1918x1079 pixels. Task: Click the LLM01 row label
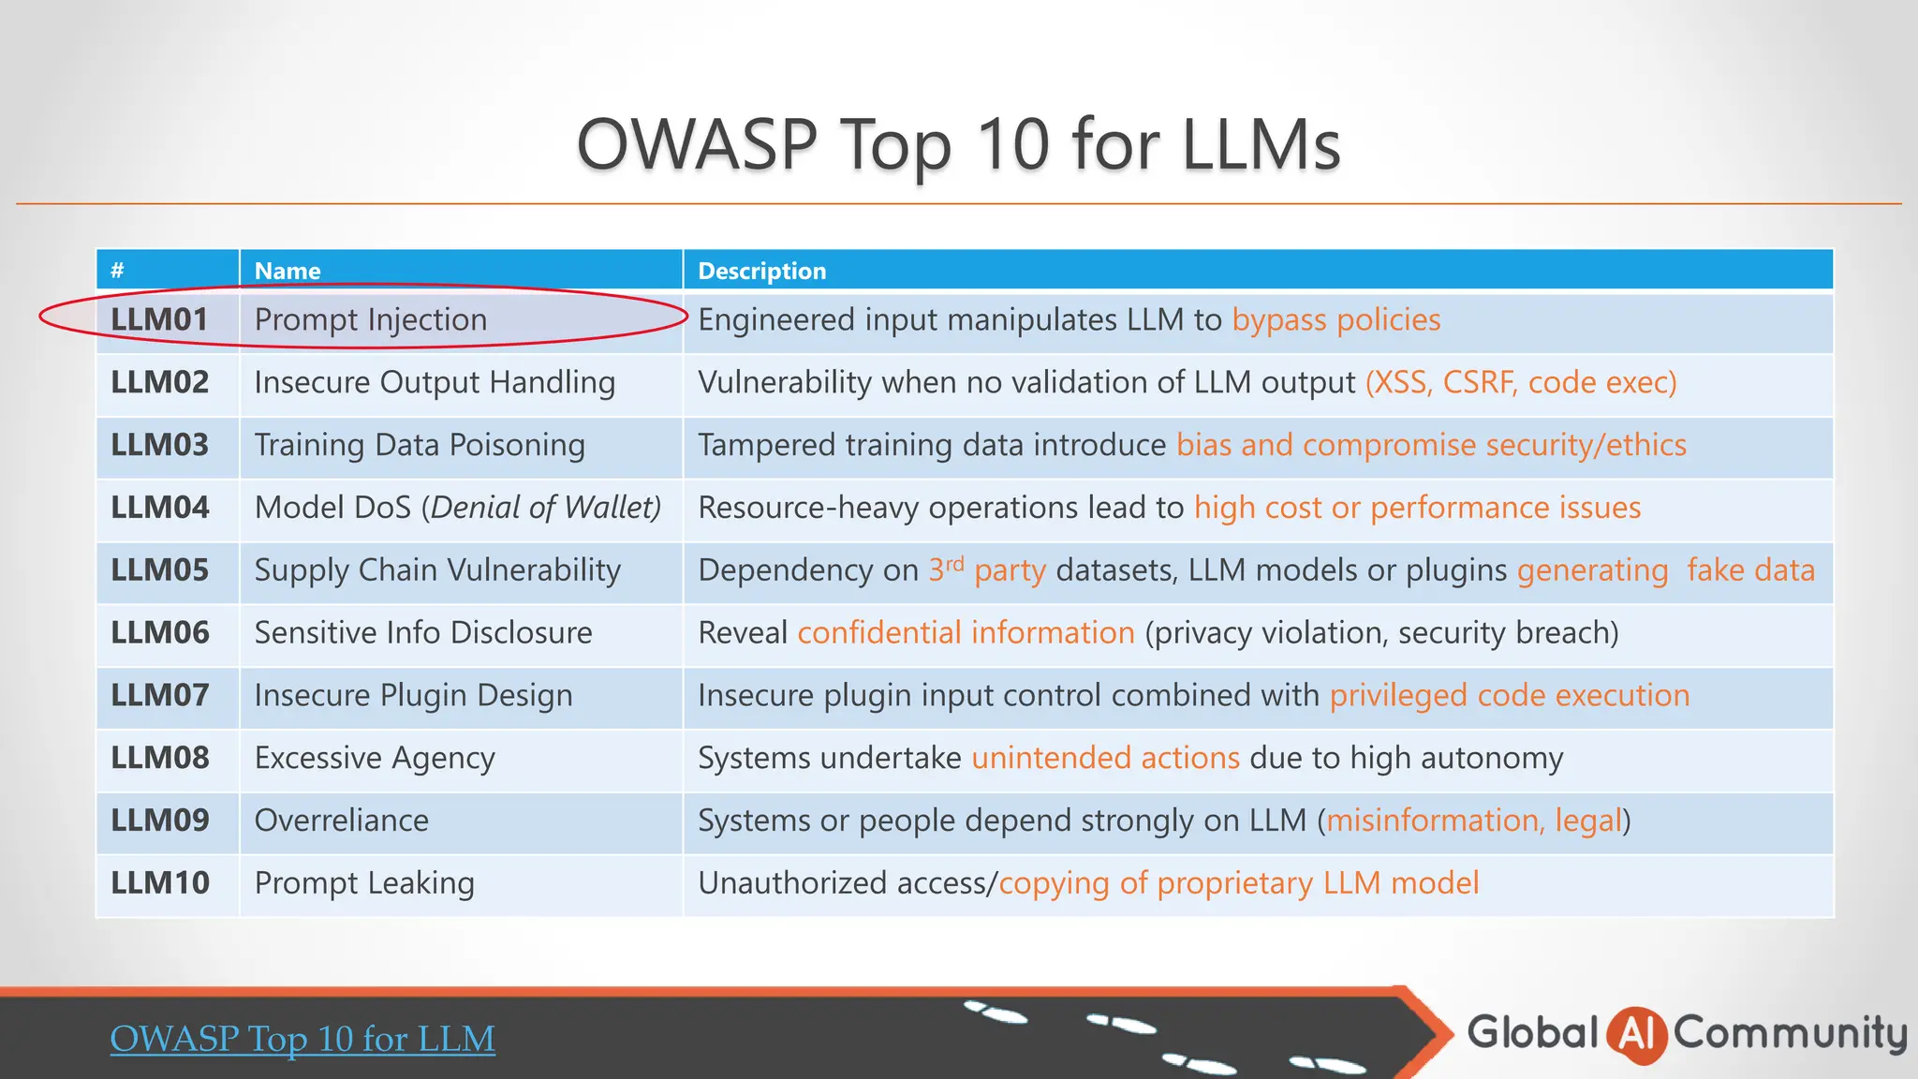(159, 320)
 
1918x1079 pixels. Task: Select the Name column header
(288, 271)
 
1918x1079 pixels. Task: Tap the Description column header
(761, 271)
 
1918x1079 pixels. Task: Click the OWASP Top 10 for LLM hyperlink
(302, 1039)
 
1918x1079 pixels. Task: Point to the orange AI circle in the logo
(1636, 1035)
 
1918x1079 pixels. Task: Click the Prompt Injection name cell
(371, 320)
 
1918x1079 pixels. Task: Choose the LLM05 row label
(160, 570)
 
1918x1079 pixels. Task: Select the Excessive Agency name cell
(375, 758)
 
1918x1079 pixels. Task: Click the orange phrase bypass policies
(1335, 320)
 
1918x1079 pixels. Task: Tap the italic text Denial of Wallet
(542, 508)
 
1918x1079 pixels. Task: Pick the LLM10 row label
(160, 883)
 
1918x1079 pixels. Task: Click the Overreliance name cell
(342, 820)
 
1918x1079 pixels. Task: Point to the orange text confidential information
(966, 633)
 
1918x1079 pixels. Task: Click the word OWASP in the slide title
(697, 145)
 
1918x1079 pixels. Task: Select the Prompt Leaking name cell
(364, 883)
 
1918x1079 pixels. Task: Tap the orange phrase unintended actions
(1105, 758)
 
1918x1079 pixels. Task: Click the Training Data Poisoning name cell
(420, 445)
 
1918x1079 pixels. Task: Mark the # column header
(117, 271)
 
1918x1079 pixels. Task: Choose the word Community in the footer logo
(1790, 1033)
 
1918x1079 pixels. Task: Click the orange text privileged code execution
(1509, 696)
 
